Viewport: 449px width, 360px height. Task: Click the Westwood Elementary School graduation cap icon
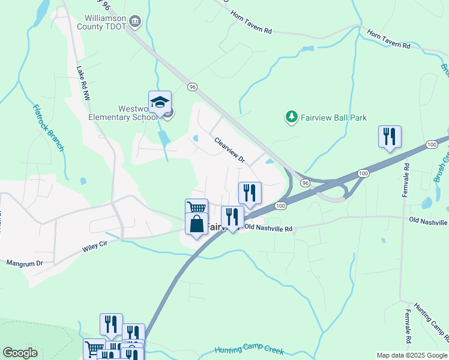click(x=160, y=103)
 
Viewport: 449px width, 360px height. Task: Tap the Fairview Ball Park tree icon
click(x=292, y=117)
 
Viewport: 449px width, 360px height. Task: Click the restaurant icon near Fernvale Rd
click(x=389, y=137)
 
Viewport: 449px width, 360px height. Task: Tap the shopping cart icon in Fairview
click(x=196, y=208)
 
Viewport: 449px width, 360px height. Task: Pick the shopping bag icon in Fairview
click(x=196, y=224)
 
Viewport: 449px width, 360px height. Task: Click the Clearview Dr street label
click(x=230, y=149)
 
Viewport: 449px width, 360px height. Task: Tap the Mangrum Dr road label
click(x=25, y=263)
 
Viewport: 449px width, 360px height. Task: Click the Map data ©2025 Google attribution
click(x=411, y=355)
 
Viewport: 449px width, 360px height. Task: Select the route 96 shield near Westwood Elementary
click(x=192, y=86)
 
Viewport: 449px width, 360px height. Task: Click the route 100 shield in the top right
click(x=431, y=145)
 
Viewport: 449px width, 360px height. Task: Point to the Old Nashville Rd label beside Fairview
click(x=268, y=229)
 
